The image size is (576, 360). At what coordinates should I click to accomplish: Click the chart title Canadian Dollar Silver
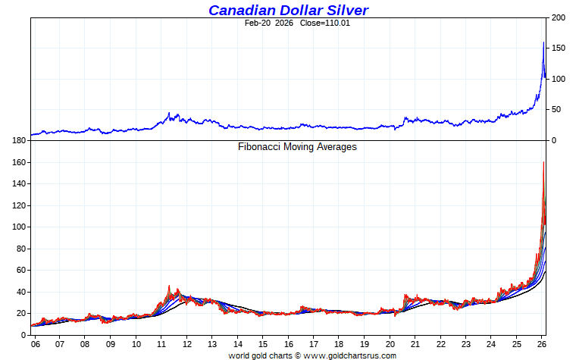pos(289,10)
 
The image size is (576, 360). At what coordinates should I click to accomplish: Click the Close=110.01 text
pos(329,23)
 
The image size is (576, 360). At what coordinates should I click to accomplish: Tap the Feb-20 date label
pos(258,23)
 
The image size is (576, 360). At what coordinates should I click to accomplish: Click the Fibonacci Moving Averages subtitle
pos(297,147)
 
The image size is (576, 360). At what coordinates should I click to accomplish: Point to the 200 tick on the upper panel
pos(559,17)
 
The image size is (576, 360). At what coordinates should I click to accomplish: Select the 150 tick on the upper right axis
pos(559,49)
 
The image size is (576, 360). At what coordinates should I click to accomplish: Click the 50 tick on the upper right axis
pos(557,110)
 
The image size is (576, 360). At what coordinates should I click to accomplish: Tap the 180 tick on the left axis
pos(20,141)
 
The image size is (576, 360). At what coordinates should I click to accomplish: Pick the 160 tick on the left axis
pos(20,162)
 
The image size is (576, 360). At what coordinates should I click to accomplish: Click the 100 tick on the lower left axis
pos(20,227)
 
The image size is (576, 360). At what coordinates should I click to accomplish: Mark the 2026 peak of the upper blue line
pos(543,42)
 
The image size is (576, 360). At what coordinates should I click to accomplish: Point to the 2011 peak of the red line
pos(169,286)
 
